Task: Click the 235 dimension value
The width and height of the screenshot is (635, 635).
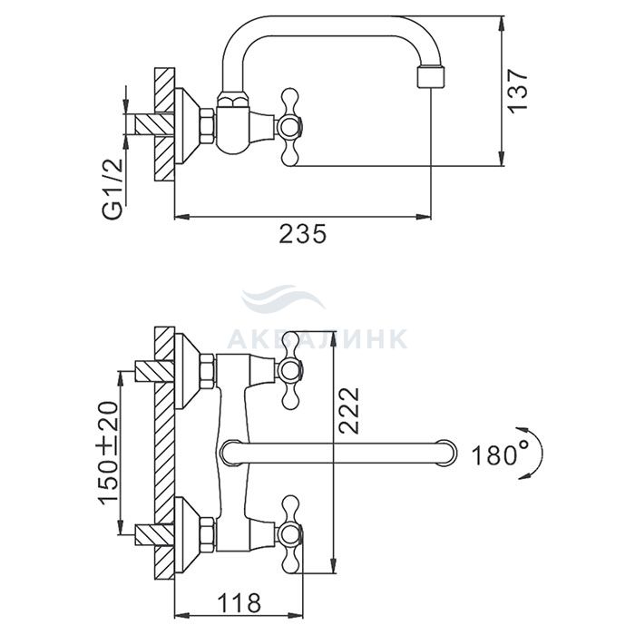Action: click(x=302, y=234)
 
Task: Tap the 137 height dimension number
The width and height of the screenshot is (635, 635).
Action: click(x=518, y=91)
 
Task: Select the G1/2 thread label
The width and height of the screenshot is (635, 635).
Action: click(x=112, y=188)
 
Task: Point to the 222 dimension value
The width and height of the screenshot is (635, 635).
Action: click(x=349, y=411)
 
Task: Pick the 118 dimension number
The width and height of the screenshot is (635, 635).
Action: click(x=239, y=603)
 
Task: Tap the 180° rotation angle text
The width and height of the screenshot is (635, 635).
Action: click(x=500, y=454)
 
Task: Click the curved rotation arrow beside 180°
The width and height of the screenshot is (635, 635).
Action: click(x=533, y=454)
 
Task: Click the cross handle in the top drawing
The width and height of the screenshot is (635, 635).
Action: click(x=290, y=127)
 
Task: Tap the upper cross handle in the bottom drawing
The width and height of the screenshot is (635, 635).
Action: click(x=290, y=370)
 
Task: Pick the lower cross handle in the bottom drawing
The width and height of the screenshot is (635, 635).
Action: click(x=290, y=534)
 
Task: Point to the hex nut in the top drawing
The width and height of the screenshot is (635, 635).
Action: click(x=207, y=125)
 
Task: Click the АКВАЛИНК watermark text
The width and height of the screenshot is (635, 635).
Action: click(x=317, y=338)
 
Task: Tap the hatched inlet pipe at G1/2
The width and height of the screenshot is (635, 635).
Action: click(x=154, y=124)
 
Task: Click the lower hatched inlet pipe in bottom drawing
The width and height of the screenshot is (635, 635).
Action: click(x=154, y=534)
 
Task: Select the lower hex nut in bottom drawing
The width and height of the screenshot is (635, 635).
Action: click(x=207, y=534)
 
